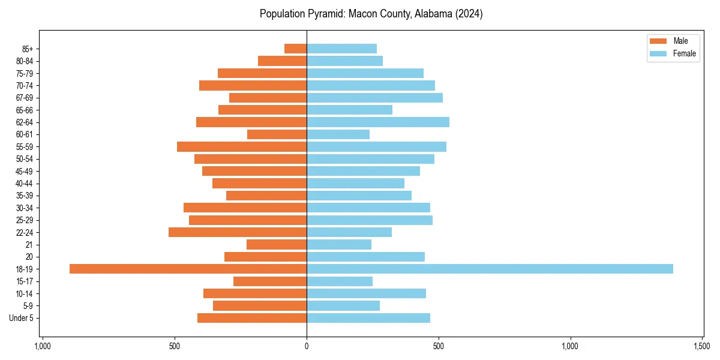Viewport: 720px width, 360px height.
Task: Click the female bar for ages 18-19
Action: [x=490, y=269]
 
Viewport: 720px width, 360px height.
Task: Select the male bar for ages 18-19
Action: [x=188, y=269]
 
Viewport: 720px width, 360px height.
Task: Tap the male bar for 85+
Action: [x=295, y=49]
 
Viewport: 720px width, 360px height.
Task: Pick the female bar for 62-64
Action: [x=378, y=122]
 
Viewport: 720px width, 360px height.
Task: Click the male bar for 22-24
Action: [x=238, y=232]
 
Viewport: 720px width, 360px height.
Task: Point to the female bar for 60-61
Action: [x=338, y=134]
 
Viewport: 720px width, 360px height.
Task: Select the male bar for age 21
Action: [x=277, y=244]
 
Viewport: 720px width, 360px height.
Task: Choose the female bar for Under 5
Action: [x=368, y=318]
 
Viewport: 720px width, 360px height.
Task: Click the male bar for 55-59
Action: [x=242, y=146]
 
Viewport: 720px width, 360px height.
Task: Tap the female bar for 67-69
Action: [x=374, y=98]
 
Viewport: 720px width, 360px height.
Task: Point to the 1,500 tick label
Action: [x=702, y=347]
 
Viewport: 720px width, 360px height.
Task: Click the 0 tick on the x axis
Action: [x=307, y=347]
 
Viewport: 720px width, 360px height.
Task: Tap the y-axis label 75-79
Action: [x=24, y=73]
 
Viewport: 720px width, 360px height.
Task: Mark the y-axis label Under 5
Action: [x=21, y=318]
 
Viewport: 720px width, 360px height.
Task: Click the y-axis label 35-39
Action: [x=24, y=196]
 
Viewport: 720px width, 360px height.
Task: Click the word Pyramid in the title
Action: [x=322, y=14]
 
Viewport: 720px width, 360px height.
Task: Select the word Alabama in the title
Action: [x=435, y=14]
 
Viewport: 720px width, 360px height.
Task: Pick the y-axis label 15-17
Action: [x=24, y=281]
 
